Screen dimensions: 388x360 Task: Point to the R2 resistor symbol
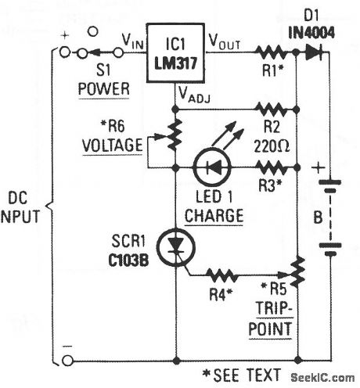coord(274,110)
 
